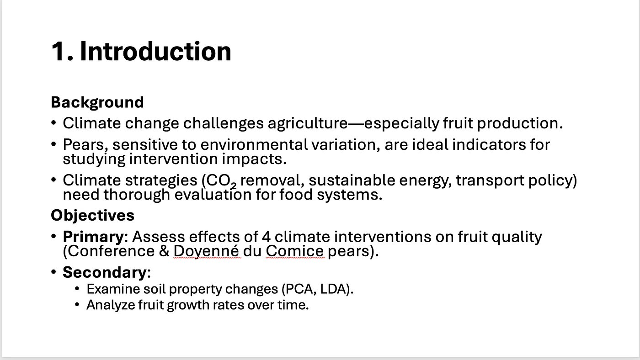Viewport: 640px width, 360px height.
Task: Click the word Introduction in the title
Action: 155,51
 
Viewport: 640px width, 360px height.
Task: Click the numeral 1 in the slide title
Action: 59,51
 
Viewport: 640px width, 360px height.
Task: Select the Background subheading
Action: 97,102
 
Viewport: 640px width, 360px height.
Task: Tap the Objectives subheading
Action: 92,215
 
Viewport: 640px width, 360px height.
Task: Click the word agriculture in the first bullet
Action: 308,124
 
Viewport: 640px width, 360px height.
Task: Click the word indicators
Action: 489,144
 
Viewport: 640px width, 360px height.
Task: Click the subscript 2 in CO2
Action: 234,186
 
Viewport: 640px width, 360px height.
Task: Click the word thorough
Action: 137,195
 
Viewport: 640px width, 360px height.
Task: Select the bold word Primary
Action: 93,237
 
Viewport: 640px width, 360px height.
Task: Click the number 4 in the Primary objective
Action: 266,237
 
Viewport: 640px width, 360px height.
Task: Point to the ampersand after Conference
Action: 164,251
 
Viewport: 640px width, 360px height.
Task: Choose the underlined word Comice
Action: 295,251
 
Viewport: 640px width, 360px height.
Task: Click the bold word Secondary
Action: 105,272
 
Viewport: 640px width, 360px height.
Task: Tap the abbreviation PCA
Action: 299,289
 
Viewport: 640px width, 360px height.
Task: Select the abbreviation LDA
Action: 333,289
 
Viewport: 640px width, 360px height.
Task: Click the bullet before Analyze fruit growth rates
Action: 77,305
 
